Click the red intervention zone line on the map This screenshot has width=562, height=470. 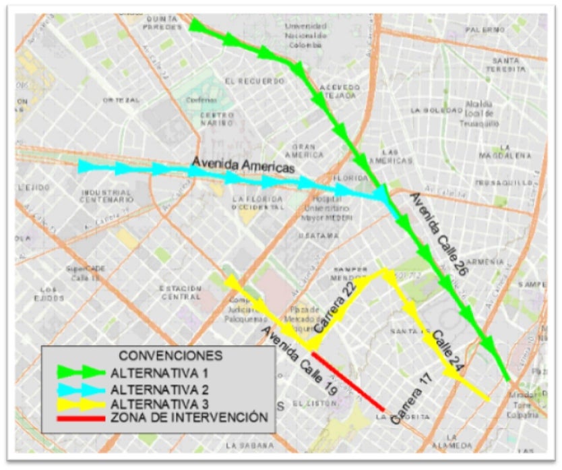pos(348,381)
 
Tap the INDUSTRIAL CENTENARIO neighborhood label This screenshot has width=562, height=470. pos(106,196)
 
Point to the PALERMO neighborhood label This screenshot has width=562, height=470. pos(484,30)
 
